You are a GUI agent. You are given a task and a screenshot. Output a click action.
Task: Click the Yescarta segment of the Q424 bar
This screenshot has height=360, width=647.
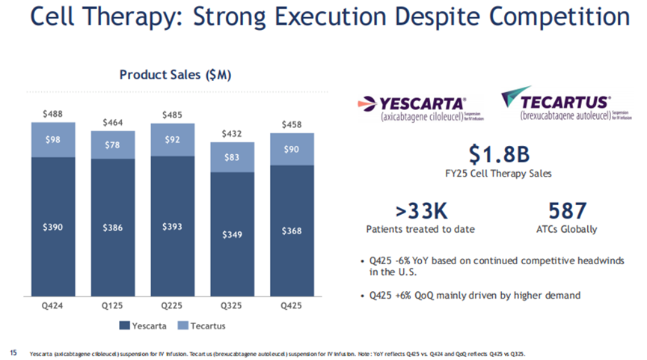(53, 227)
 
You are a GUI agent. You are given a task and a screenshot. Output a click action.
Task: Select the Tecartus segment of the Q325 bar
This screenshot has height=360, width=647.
(231, 157)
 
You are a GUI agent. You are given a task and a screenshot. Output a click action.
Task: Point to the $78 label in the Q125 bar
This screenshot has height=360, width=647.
(113, 145)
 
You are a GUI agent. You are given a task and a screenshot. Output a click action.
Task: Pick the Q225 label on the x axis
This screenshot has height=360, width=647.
(172, 306)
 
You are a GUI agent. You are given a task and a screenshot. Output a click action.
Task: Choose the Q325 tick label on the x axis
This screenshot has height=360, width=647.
(231, 306)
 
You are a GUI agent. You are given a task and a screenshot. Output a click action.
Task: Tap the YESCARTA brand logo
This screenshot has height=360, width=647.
(414, 109)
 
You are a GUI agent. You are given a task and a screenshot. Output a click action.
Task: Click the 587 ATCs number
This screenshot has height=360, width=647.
(567, 211)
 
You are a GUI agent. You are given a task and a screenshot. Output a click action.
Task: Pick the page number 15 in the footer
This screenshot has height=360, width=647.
(12, 351)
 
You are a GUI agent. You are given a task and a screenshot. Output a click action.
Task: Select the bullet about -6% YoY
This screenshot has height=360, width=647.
(494, 266)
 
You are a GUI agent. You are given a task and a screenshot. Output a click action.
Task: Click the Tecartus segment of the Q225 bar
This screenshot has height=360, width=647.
(172, 139)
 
